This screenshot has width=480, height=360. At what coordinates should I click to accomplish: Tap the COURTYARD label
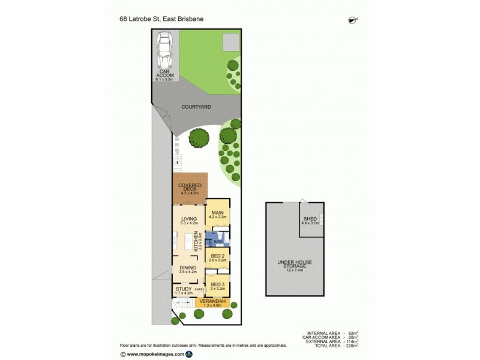pyautogui.click(x=196, y=107)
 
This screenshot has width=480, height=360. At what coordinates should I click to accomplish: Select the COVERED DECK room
pyautogui.click(x=190, y=189)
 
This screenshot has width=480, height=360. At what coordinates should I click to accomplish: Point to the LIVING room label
pyautogui.click(x=189, y=219)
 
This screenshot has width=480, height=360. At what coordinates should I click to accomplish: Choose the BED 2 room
pyautogui.click(x=217, y=258)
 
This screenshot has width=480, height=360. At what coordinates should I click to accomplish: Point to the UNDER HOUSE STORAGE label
pyautogui.click(x=292, y=264)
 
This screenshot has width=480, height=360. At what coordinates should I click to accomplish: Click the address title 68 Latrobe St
pyautogui.click(x=161, y=19)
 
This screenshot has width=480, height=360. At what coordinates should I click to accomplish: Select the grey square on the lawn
pyautogui.click(x=230, y=42)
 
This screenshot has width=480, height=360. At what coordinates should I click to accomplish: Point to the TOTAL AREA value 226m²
pyautogui.click(x=352, y=346)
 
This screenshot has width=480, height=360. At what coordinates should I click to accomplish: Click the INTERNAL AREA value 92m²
pyautogui.click(x=353, y=332)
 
